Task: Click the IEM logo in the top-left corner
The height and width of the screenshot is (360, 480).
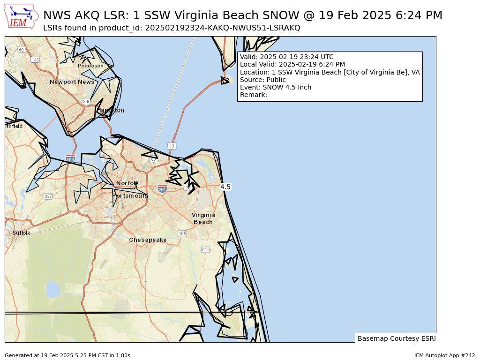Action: pyautogui.click(x=21, y=16)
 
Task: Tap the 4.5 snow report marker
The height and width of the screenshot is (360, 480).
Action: pyautogui.click(x=225, y=187)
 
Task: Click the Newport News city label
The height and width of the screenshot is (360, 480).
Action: pyautogui.click(x=72, y=82)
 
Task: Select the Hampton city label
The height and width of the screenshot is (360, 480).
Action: pyautogui.click(x=111, y=110)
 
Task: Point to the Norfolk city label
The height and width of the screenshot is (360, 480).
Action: pyautogui.click(x=127, y=183)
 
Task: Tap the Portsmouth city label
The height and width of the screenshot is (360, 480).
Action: pyautogui.click(x=130, y=195)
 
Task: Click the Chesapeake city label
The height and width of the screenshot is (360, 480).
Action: pyautogui.click(x=148, y=240)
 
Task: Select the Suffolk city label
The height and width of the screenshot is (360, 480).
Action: pyautogui.click(x=22, y=233)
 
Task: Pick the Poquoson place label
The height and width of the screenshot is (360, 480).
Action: pyautogui.click(x=90, y=66)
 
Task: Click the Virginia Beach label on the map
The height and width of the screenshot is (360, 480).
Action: pyautogui.click(x=203, y=218)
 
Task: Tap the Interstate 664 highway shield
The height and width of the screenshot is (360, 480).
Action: pyautogui.click(x=70, y=159)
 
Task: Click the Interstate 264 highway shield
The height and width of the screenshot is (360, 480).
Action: pyautogui.click(x=162, y=189)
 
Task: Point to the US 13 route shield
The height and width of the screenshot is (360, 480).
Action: pyautogui.click(x=172, y=146)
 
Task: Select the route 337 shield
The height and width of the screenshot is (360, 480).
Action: pyautogui.click(x=48, y=196)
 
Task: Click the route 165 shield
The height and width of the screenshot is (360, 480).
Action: pyautogui.click(x=182, y=233)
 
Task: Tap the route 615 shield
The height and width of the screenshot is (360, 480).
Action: pyautogui.click(x=205, y=250)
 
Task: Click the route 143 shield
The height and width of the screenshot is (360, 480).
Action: pyautogui.click(x=35, y=60)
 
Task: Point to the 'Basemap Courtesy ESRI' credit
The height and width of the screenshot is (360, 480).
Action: pyautogui.click(x=396, y=338)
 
